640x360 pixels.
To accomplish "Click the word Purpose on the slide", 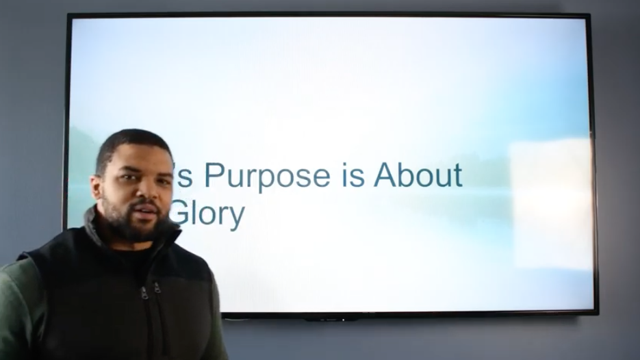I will [263, 176].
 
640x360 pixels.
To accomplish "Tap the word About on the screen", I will [418, 175].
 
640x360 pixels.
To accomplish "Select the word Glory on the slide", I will [207, 215].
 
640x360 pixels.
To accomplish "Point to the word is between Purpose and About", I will [350, 175].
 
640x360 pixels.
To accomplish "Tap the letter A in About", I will [385, 175].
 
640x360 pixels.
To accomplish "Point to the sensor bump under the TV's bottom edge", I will [331, 318].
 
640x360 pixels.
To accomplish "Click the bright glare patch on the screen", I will [551, 198].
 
